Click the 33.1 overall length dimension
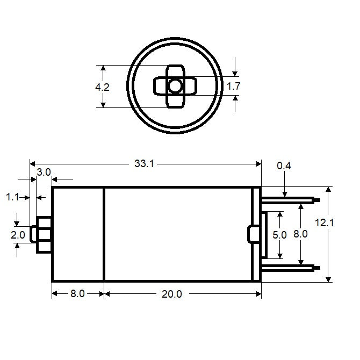click(x=144, y=164)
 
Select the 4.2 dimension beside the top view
click(x=102, y=87)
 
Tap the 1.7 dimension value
click(x=233, y=86)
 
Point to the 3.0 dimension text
click(x=44, y=172)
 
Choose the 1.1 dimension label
click(x=12, y=198)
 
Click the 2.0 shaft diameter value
click(x=18, y=235)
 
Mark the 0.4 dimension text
click(x=283, y=166)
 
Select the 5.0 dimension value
click(x=280, y=234)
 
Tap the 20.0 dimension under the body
click(x=172, y=294)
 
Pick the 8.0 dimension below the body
click(x=77, y=294)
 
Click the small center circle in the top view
click(x=175, y=86)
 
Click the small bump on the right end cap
click(x=251, y=234)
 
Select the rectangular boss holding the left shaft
click(x=44, y=234)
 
